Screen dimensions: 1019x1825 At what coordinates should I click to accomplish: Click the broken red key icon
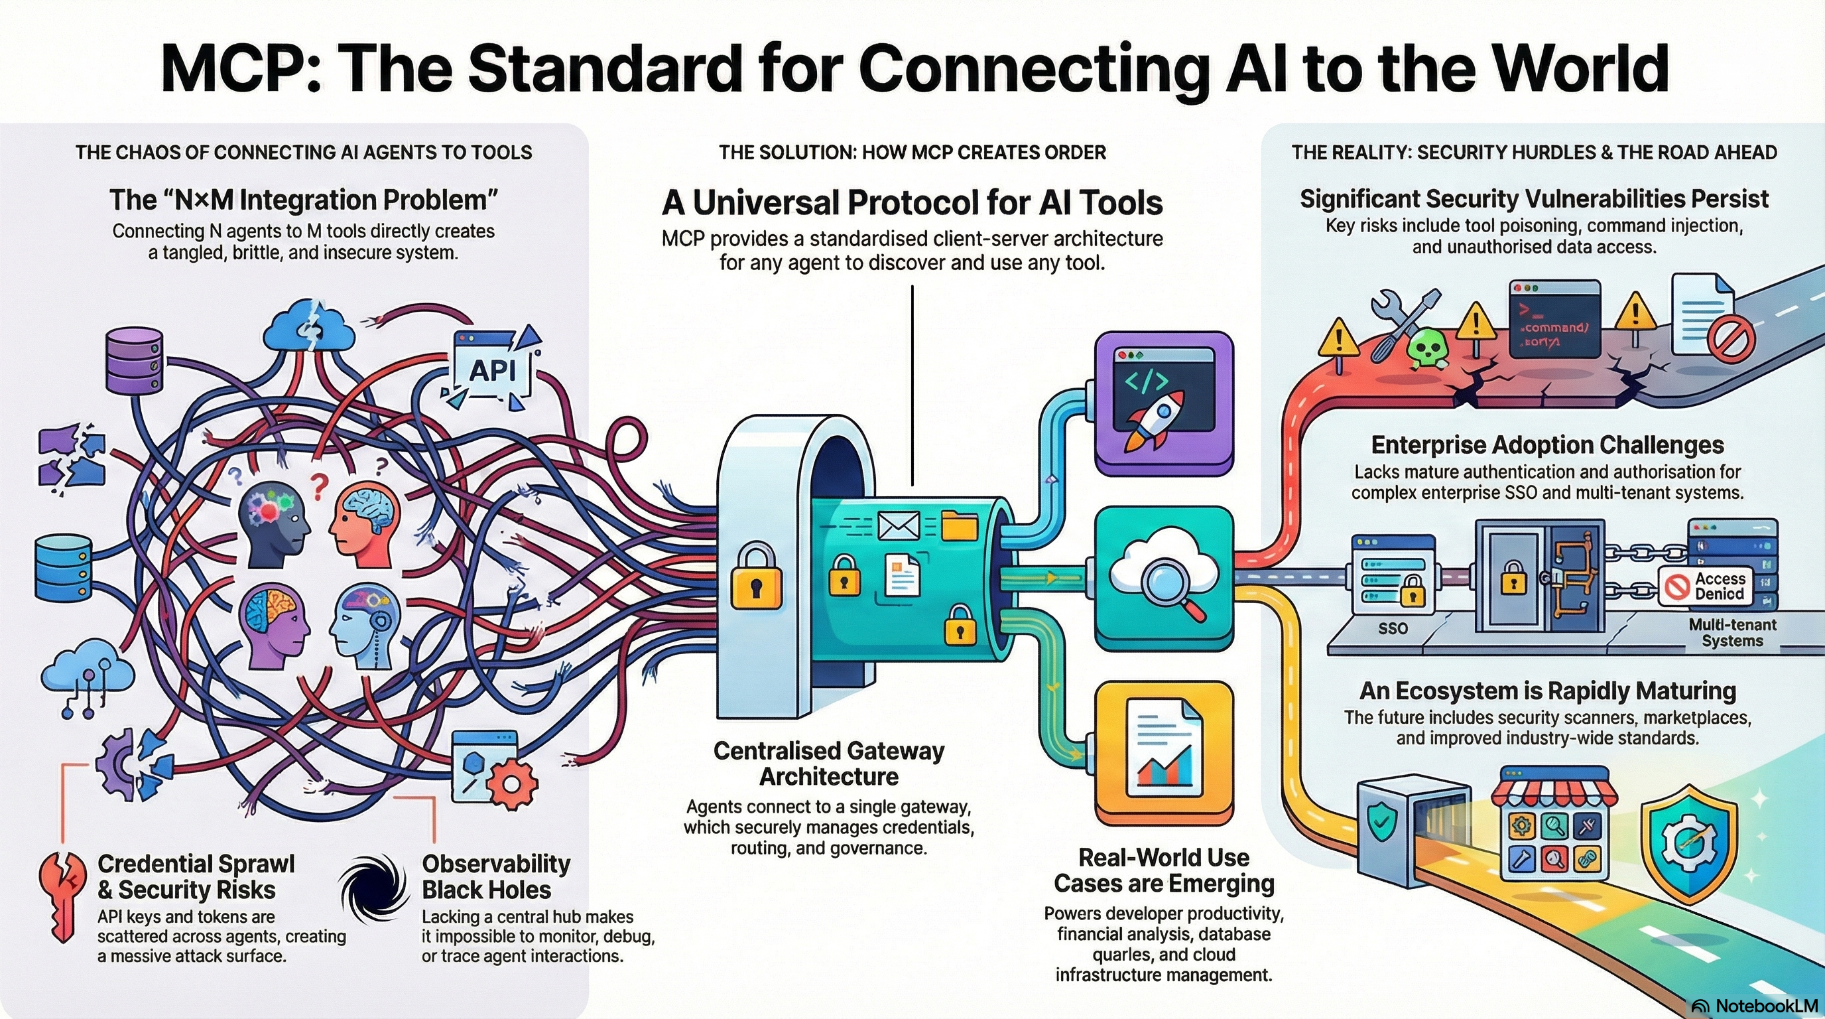click(x=62, y=896)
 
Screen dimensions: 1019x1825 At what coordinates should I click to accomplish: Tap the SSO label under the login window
click(x=1393, y=628)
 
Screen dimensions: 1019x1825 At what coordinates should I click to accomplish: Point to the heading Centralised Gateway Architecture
click(x=829, y=763)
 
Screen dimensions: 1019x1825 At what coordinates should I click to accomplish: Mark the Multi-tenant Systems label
click(x=1732, y=633)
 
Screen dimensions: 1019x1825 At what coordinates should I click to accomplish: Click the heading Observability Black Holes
click(x=496, y=876)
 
